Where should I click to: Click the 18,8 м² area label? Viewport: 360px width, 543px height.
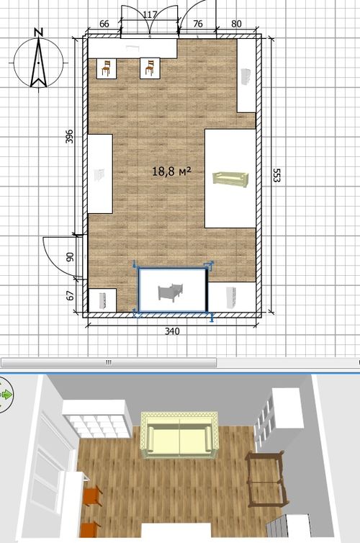coord(171,171)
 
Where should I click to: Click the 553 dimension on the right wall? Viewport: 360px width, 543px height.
coord(277,175)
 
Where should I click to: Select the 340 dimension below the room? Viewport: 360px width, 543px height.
coord(172,331)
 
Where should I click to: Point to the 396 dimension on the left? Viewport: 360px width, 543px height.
coord(70,136)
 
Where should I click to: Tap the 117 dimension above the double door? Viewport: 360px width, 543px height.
coord(150,14)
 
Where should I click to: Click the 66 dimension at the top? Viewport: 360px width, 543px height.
coord(104,24)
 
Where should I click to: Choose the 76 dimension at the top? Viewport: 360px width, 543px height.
coord(198,24)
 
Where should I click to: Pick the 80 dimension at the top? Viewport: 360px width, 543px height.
coord(236,24)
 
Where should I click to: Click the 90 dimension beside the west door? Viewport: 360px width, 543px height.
coord(70,257)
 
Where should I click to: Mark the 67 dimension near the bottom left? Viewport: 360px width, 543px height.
coord(70,296)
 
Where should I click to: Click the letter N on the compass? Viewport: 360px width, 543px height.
coord(39,32)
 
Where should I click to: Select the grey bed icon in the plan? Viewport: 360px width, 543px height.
coord(171,292)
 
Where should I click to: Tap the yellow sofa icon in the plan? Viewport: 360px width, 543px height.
coord(230,179)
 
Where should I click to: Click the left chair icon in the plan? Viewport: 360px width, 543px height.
coord(107,68)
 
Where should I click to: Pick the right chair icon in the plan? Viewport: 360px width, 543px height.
coord(150,68)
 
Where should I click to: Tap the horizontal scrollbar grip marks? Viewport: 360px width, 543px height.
coord(108,362)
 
